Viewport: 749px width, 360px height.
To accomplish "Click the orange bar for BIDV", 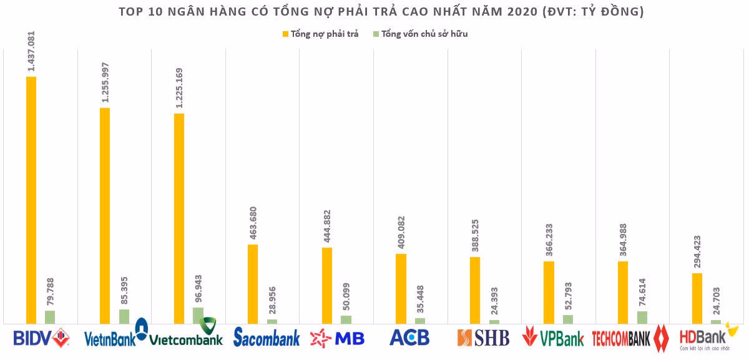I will point(31,200).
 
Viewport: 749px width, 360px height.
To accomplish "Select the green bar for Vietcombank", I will point(198,315).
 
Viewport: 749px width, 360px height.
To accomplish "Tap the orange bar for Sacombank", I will point(253,284).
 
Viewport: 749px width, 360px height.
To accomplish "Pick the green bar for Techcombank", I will point(642,317).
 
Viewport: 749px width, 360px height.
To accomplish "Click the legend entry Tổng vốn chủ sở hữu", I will point(419,34).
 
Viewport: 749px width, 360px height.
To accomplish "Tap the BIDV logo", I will point(41,338).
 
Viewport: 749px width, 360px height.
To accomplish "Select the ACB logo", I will point(409,338).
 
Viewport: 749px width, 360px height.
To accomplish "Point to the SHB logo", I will point(483,338).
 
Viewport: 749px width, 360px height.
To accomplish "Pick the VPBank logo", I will point(553,337).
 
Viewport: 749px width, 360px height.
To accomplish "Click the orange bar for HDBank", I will point(697,298).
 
